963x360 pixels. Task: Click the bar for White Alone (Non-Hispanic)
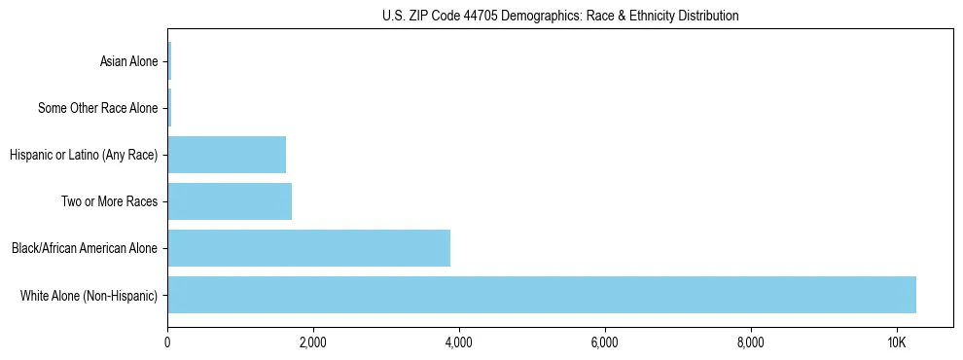(541, 295)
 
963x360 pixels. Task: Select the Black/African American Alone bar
(308, 248)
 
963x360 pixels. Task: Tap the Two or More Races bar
(230, 201)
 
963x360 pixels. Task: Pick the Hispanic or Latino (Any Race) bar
(227, 155)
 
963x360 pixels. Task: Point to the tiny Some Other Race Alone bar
(169, 108)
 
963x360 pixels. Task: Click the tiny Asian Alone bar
(169, 61)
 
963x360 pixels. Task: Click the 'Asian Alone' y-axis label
(128, 61)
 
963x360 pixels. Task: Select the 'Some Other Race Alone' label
(97, 108)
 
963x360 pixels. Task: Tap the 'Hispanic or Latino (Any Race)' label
(84, 155)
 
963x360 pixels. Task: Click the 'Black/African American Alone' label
(85, 248)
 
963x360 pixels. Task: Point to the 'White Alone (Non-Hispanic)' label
(89, 295)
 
